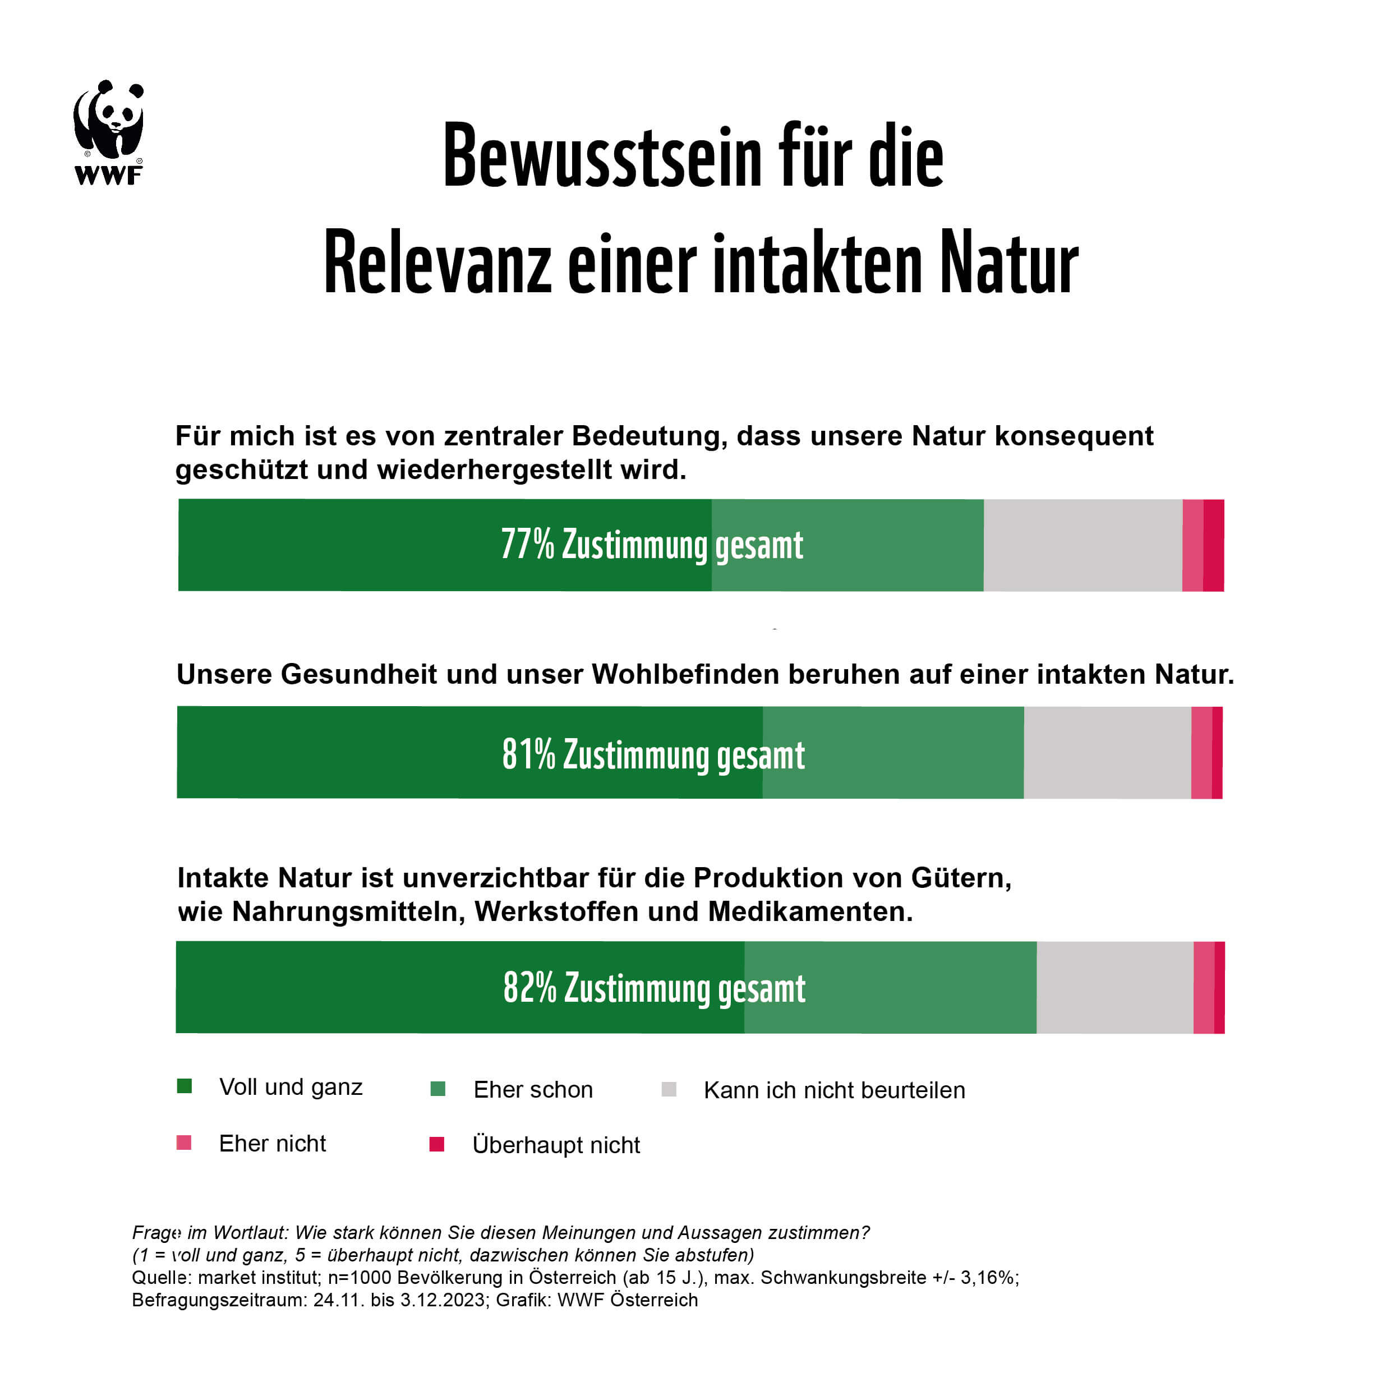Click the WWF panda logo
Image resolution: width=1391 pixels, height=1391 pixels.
click(109, 132)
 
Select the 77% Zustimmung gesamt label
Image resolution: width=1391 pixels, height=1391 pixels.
click(652, 545)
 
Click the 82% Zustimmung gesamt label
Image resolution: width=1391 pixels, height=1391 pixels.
click(654, 988)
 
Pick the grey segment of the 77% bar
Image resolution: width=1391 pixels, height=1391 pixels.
click(1082, 545)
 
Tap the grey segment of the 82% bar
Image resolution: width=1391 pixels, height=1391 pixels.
click(1114, 988)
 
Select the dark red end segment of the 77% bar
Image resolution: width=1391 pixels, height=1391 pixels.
click(1213, 545)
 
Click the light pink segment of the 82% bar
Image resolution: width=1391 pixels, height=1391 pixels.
click(1203, 988)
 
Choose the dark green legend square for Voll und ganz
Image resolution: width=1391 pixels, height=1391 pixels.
click(185, 1086)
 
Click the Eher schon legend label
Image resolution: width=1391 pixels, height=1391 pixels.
click(533, 1090)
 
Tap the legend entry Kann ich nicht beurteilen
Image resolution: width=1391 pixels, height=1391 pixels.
click(833, 1090)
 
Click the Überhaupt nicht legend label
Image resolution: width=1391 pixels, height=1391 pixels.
click(556, 1145)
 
